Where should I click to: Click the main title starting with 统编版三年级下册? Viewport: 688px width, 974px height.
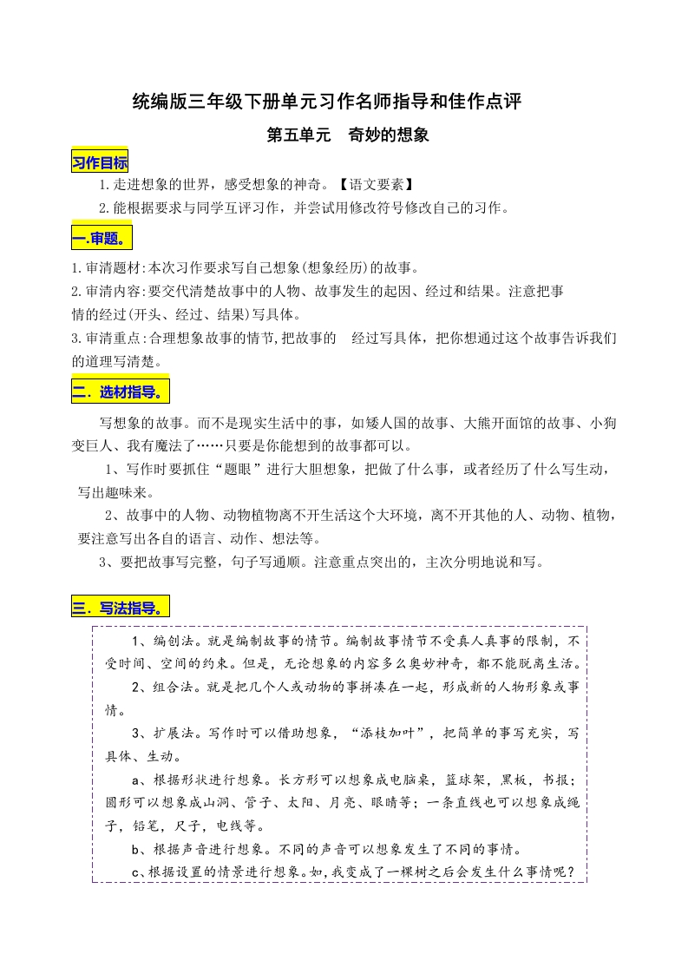click(327, 102)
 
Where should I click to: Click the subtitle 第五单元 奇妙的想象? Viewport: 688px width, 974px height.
click(348, 136)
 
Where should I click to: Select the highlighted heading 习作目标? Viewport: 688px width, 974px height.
click(99, 162)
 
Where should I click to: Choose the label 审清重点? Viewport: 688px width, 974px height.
click(114, 337)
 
